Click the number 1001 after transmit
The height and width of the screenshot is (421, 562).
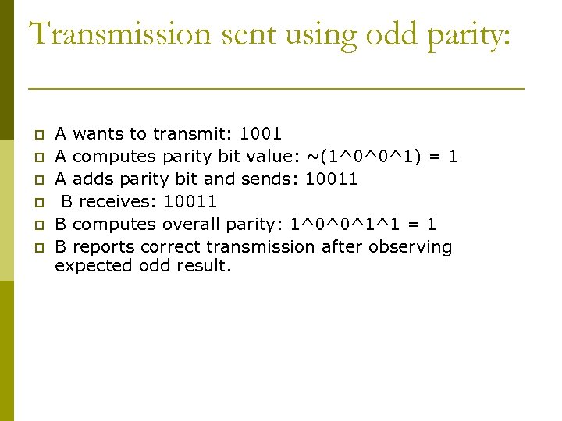(x=261, y=134)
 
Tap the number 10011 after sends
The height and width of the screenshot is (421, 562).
(x=332, y=179)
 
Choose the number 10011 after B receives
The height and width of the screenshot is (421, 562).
(x=190, y=202)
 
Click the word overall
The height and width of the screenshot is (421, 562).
(x=191, y=225)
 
